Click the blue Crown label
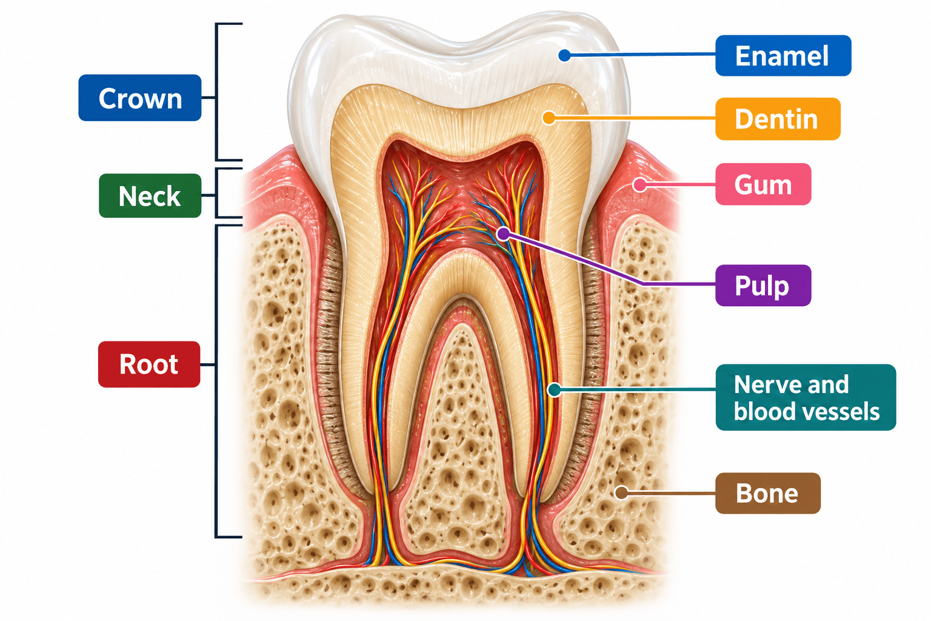[x=139, y=98]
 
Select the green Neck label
[x=150, y=195]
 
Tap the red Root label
[x=148, y=364]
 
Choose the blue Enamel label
[x=783, y=55]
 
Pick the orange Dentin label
[x=778, y=119]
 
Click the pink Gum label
[x=763, y=184]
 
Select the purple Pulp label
[x=763, y=286]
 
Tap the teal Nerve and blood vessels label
[x=806, y=397]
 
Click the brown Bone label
[x=768, y=493]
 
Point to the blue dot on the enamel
[x=564, y=55]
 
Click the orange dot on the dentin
[x=549, y=118]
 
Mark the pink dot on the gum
[x=640, y=185]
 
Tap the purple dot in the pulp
[x=504, y=234]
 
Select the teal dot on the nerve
[x=555, y=390]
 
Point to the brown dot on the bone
[x=621, y=493]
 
